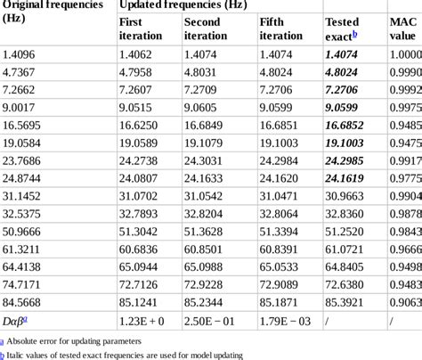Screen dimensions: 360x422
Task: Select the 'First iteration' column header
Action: [x=141, y=29]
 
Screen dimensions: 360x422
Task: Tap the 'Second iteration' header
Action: [x=205, y=29]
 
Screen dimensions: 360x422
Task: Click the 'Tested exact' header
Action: [x=342, y=29]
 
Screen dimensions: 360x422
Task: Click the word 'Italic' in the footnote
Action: [x=19, y=354]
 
